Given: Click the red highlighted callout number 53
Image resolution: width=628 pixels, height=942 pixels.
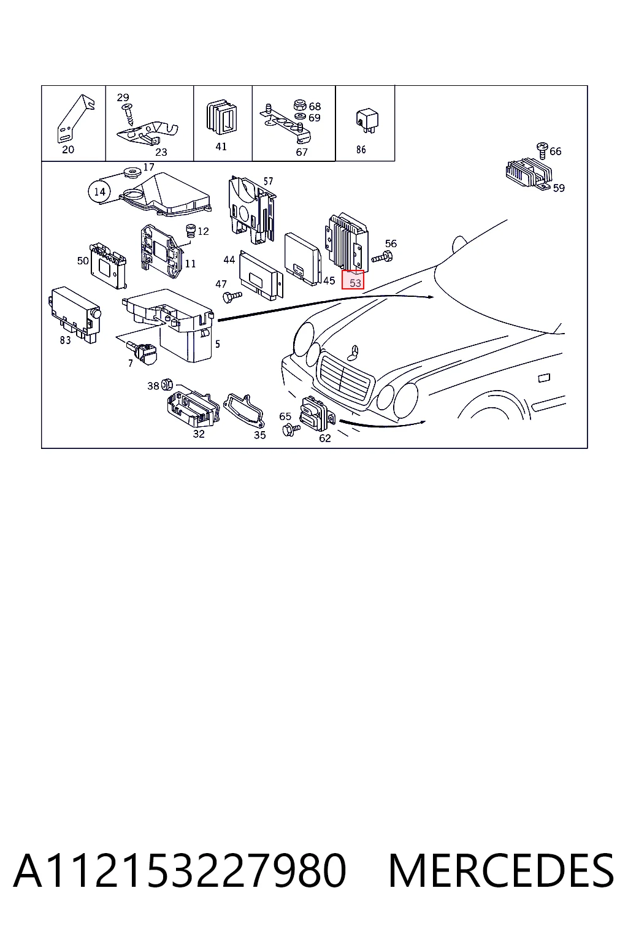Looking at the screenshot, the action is pyautogui.click(x=353, y=280).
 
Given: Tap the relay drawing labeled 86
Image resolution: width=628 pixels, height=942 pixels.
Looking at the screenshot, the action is pyautogui.click(x=367, y=121).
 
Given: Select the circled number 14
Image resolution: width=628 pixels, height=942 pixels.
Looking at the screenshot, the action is pyautogui.click(x=99, y=192).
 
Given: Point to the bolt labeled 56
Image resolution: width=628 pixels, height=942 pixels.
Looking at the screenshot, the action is pyautogui.click(x=382, y=256).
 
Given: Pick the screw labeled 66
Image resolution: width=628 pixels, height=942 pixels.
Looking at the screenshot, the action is pyautogui.click(x=542, y=150).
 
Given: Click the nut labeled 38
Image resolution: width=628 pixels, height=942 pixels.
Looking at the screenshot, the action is pyautogui.click(x=166, y=384).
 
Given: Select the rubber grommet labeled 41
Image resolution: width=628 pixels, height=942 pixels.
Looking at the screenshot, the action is pyautogui.click(x=221, y=118).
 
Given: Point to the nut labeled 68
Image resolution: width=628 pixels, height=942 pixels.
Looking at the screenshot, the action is pyautogui.click(x=299, y=104).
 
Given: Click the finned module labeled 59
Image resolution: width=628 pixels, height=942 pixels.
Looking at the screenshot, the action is pyautogui.click(x=529, y=174).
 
